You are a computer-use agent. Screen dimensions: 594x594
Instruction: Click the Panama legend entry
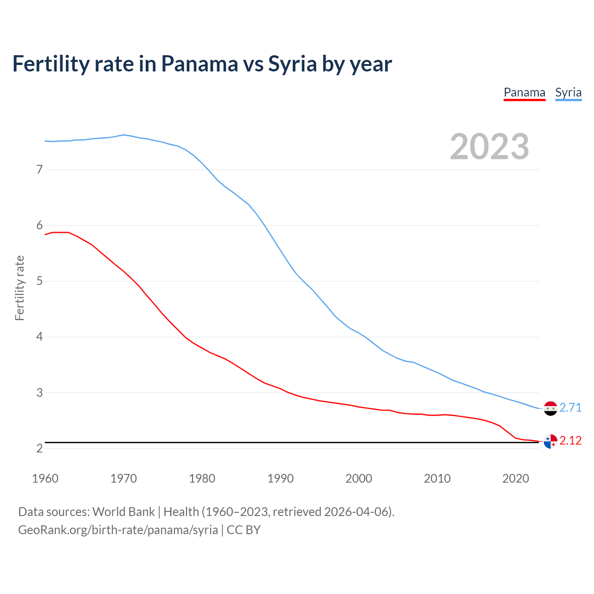pos(524,92)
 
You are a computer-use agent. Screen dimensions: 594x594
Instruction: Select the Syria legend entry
pos(568,92)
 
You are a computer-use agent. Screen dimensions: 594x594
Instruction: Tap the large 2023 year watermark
pos(489,147)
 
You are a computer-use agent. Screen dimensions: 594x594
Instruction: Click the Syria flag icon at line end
pos(550,408)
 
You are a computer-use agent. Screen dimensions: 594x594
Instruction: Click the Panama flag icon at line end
pos(550,441)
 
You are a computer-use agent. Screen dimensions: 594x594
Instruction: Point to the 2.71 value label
pos(570,407)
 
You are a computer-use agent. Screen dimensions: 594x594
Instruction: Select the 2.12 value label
pos(570,440)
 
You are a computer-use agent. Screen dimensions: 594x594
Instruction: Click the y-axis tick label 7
pos(39,169)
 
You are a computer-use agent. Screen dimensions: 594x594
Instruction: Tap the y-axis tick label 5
pos(39,281)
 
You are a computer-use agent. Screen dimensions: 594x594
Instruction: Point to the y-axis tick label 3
pos(39,393)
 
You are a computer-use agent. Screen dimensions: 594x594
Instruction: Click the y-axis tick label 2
pos(39,448)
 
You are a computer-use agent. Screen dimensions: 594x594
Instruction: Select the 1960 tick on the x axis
pos(45,478)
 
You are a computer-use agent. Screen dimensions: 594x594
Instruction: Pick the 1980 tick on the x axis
pos(202,478)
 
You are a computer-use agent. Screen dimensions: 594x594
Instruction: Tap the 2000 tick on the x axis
pos(359,478)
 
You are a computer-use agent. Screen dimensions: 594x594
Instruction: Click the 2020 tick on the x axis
pos(516,478)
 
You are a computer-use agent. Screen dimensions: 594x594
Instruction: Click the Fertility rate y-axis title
pos(19,288)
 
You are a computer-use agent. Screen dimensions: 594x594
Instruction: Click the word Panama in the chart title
pos(200,64)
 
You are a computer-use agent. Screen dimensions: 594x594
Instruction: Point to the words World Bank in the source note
pos(123,512)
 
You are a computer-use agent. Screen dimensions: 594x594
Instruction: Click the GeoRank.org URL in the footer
pos(118,530)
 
